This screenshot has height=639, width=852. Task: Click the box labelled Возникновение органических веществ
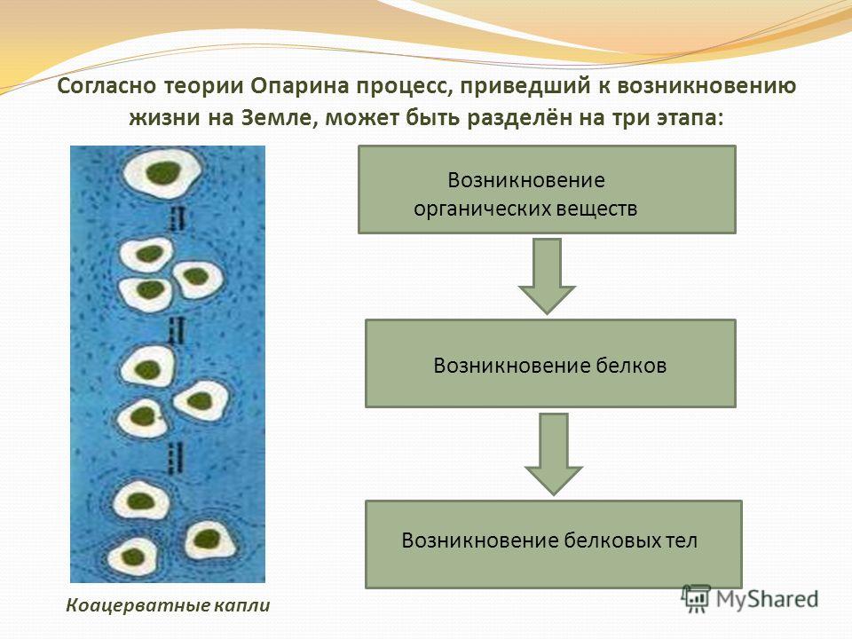click(x=547, y=190)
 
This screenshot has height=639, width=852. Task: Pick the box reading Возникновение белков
click(x=550, y=364)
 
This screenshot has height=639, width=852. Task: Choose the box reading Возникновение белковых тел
click(x=554, y=544)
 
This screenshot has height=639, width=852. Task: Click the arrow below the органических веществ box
click(x=547, y=276)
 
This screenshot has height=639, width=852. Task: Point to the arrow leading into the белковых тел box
click(x=554, y=454)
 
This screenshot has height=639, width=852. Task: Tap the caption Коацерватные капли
click(x=168, y=605)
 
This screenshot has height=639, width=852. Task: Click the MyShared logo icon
click(x=696, y=599)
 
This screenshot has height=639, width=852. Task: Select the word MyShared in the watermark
click(x=767, y=599)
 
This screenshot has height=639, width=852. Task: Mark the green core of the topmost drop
click(x=163, y=173)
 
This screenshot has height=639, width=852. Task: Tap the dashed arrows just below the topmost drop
click(x=177, y=218)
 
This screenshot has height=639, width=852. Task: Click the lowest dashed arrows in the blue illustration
click(x=175, y=458)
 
